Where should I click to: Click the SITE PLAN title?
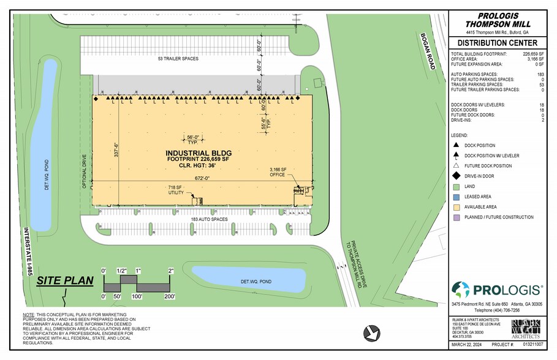[64, 281]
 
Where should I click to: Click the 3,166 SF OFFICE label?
[278, 171]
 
